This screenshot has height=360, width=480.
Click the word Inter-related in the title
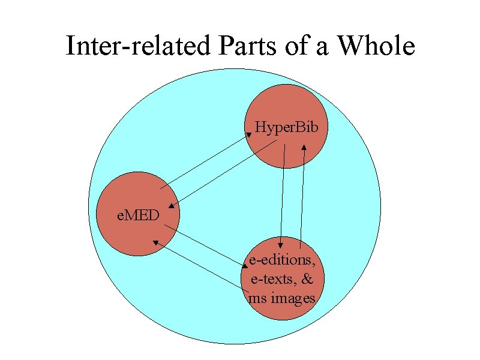[x=138, y=46]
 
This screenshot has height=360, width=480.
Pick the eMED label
[x=138, y=214]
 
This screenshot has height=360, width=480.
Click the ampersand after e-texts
[x=307, y=279]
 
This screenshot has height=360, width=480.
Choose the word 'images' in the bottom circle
[x=293, y=298]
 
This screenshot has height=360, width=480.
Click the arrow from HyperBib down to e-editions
[x=283, y=195]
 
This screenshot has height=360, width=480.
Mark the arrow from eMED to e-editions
[x=204, y=246]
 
